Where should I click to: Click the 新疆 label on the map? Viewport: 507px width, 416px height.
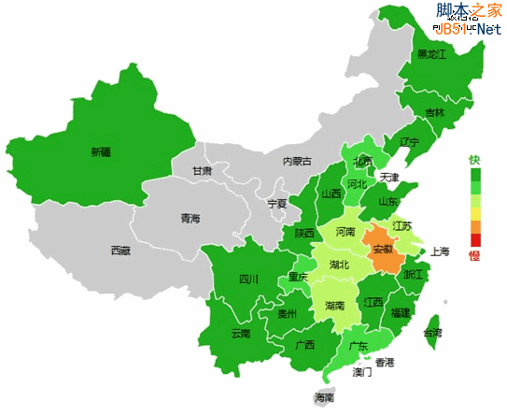[x=101, y=151]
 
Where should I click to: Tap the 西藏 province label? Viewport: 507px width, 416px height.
[x=120, y=251]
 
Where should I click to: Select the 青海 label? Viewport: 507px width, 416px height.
[x=190, y=219]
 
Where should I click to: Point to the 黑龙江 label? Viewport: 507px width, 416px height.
[x=431, y=54]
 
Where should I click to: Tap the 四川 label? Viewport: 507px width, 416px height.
[x=247, y=279]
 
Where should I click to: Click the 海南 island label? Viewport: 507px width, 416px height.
[x=324, y=398]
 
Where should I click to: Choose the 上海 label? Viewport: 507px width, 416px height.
[x=441, y=251]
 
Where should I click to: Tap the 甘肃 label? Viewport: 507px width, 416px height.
[x=202, y=172]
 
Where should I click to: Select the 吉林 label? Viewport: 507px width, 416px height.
[x=435, y=113]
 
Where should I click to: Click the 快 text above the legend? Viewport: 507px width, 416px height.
[x=474, y=159]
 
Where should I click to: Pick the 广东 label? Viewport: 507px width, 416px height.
[x=358, y=346]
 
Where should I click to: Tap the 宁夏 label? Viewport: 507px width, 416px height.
[x=277, y=203]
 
